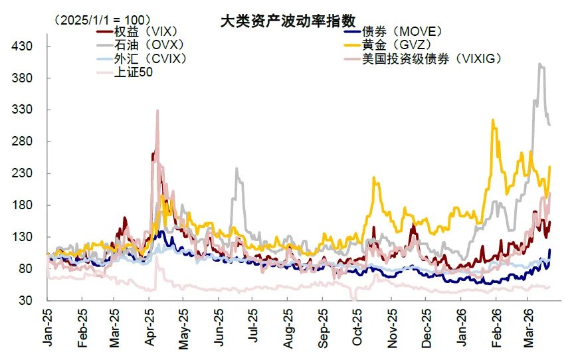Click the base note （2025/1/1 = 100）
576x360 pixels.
(103, 19)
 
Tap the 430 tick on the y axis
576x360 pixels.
(25, 46)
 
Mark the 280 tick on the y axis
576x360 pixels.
(25, 141)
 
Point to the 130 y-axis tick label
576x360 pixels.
(25, 237)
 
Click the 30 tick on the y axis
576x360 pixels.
(27, 301)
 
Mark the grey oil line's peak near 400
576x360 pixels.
(540, 64)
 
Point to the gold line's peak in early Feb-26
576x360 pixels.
(492, 120)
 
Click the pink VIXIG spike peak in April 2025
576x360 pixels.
(157, 110)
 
